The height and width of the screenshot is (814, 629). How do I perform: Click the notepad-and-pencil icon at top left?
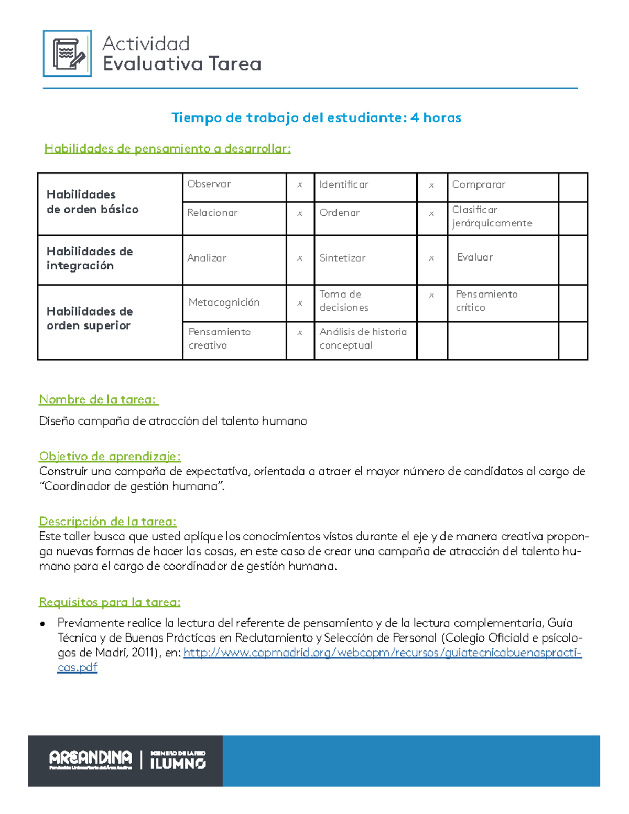coord(67,54)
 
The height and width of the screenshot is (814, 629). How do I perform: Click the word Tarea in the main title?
coord(234,64)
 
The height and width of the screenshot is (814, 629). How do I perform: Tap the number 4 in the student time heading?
coord(415,117)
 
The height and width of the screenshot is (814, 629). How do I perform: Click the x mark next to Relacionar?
coord(300,213)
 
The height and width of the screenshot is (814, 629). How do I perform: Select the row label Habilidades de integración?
coord(90,258)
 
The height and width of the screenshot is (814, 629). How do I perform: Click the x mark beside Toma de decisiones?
coord(431,295)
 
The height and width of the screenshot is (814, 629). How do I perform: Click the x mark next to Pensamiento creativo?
coord(300,332)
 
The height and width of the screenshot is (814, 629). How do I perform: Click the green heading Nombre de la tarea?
coord(98,399)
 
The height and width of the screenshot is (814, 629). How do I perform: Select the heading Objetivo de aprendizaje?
coord(110,456)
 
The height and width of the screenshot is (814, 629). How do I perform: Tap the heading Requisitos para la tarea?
coord(110,602)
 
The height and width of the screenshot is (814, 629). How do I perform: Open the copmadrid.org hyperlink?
coord(382,653)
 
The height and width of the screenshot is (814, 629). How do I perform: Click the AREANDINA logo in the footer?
coord(91,759)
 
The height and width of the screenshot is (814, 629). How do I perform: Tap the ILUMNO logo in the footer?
coord(178,761)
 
